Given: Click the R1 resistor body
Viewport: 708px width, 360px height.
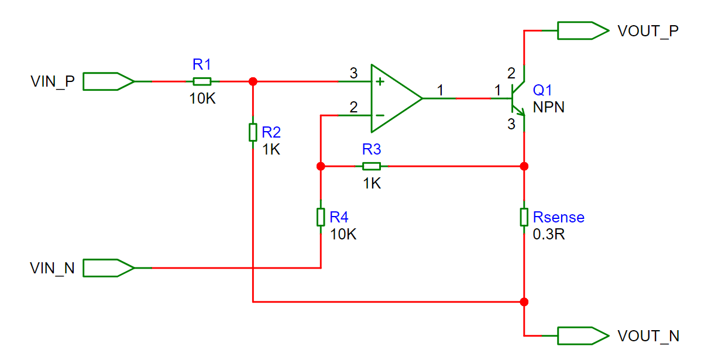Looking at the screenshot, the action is (x=202, y=81).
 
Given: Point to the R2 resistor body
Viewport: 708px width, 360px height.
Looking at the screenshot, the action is (x=253, y=132).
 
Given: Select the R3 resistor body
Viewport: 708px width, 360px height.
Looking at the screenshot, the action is (x=372, y=166).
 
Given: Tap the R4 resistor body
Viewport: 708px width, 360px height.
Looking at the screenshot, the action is (x=321, y=217).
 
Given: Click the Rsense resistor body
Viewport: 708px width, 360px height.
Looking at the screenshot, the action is (x=524, y=217).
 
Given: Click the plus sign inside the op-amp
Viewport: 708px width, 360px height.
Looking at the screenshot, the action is (x=380, y=82).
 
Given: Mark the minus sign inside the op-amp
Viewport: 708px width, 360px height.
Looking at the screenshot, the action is (x=380, y=115).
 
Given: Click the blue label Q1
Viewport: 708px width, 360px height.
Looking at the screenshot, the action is (x=542, y=90).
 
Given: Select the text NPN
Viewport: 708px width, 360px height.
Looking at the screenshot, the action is (x=549, y=108).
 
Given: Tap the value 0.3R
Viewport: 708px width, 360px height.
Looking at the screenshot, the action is (x=549, y=234).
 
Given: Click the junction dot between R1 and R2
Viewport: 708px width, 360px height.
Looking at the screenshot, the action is (x=253, y=81).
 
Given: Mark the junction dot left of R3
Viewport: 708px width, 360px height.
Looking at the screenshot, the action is (x=321, y=166).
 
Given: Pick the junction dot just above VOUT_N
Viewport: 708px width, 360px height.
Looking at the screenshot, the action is (x=524, y=302).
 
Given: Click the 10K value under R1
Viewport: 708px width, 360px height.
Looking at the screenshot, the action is (x=202, y=98).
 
